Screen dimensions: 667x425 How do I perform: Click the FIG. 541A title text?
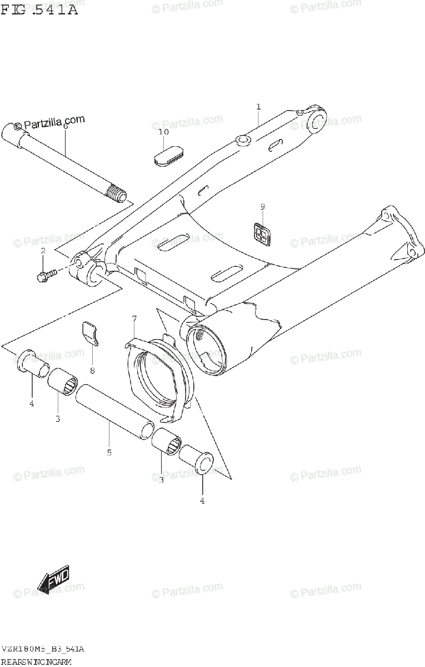tap(39, 9)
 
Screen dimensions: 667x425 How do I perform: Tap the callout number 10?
tap(163, 132)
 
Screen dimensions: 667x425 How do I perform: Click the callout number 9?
tap(263, 207)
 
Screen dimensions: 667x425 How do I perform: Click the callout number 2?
tap(42, 252)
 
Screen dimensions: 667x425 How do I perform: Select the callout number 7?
tap(134, 318)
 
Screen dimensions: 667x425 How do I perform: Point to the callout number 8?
tap(92, 370)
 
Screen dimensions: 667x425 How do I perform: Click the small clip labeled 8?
tap(91, 333)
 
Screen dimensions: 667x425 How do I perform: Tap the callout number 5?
tap(109, 452)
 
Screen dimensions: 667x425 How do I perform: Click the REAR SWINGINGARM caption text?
tap(36, 661)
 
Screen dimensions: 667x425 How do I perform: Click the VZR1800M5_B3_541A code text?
tap(43, 649)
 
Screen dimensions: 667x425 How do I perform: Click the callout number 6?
tap(65, 126)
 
